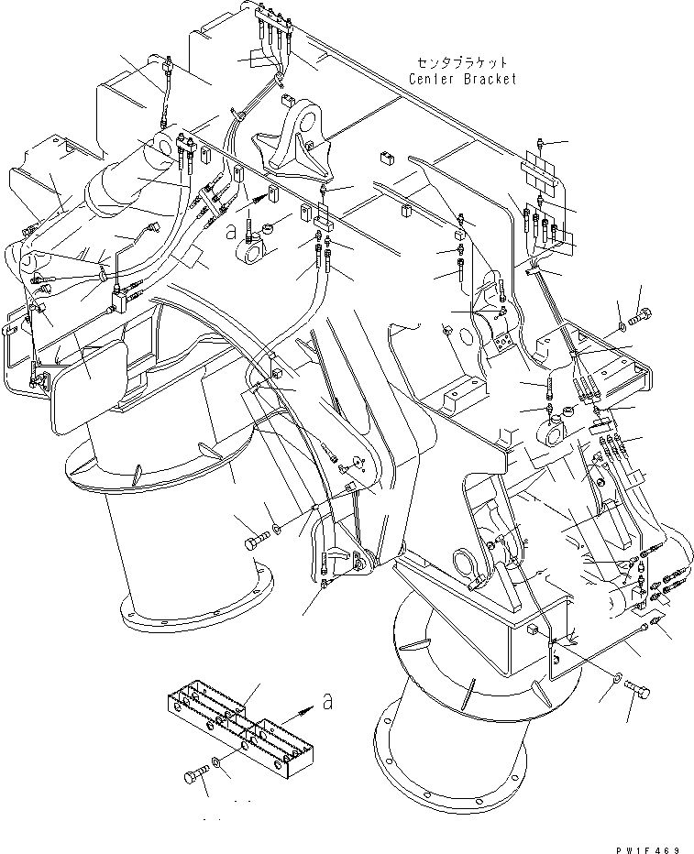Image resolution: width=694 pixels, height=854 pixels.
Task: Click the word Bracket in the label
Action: pos(490,79)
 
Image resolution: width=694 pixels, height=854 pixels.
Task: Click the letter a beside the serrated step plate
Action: pos(324,702)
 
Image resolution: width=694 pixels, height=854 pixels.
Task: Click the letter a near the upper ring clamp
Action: pos(230,233)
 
